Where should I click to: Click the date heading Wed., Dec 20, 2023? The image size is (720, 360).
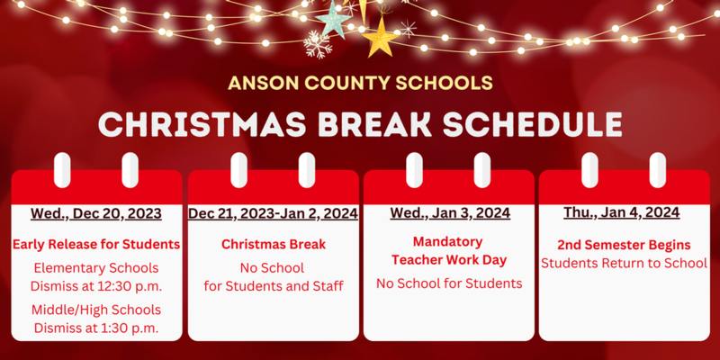[96, 213]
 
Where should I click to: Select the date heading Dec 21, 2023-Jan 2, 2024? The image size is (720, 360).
[273, 213]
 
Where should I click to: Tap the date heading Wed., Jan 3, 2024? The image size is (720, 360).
[450, 213]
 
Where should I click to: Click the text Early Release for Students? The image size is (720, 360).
[96, 244]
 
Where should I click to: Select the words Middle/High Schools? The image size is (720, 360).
[96, 309]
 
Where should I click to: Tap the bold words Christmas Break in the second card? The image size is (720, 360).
[273, 244]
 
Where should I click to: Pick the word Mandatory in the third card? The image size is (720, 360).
[448, 241]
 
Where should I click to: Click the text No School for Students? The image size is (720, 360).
[449, 283]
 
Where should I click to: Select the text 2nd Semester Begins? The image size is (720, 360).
[624, 244]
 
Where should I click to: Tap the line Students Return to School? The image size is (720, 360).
[624, 263]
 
